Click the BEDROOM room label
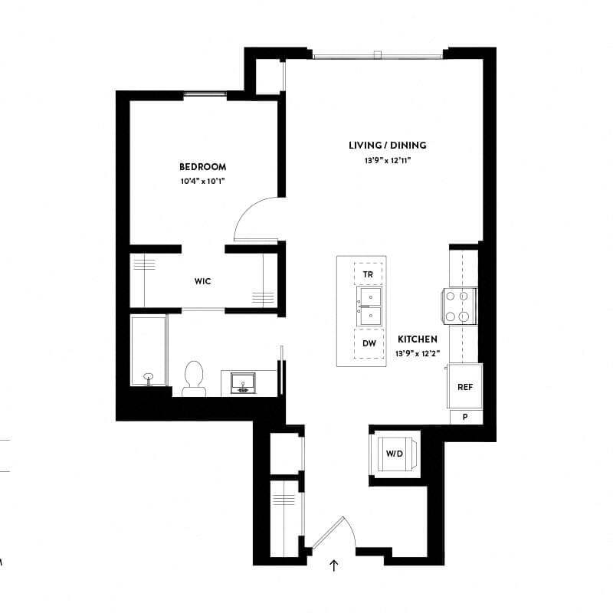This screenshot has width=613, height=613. click(x=202, y=167)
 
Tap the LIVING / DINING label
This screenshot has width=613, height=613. click(x=387, y=146)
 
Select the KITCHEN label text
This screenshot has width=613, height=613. click(x=417, y=339)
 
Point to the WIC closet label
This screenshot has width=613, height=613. click(x=202, y=281)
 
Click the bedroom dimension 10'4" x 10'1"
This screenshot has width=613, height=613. click(x=202, y=181)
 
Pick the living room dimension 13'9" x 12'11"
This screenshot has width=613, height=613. click(x=387, y=161)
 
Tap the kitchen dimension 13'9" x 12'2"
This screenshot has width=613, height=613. click(x=417, y=353)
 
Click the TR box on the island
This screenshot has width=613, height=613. click(x=369, y=274)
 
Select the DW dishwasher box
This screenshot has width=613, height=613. click(x=369, y=343)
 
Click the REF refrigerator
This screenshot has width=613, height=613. click(x=464, y=387)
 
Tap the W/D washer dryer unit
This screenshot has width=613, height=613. click(x=394, y=454)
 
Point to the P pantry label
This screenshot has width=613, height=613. click(x=465, y=418)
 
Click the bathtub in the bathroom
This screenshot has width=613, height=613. click(x=148, y=350)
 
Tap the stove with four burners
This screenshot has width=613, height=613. click(x=461, y=304)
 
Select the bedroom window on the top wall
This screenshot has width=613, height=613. click(x=205, y=95)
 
